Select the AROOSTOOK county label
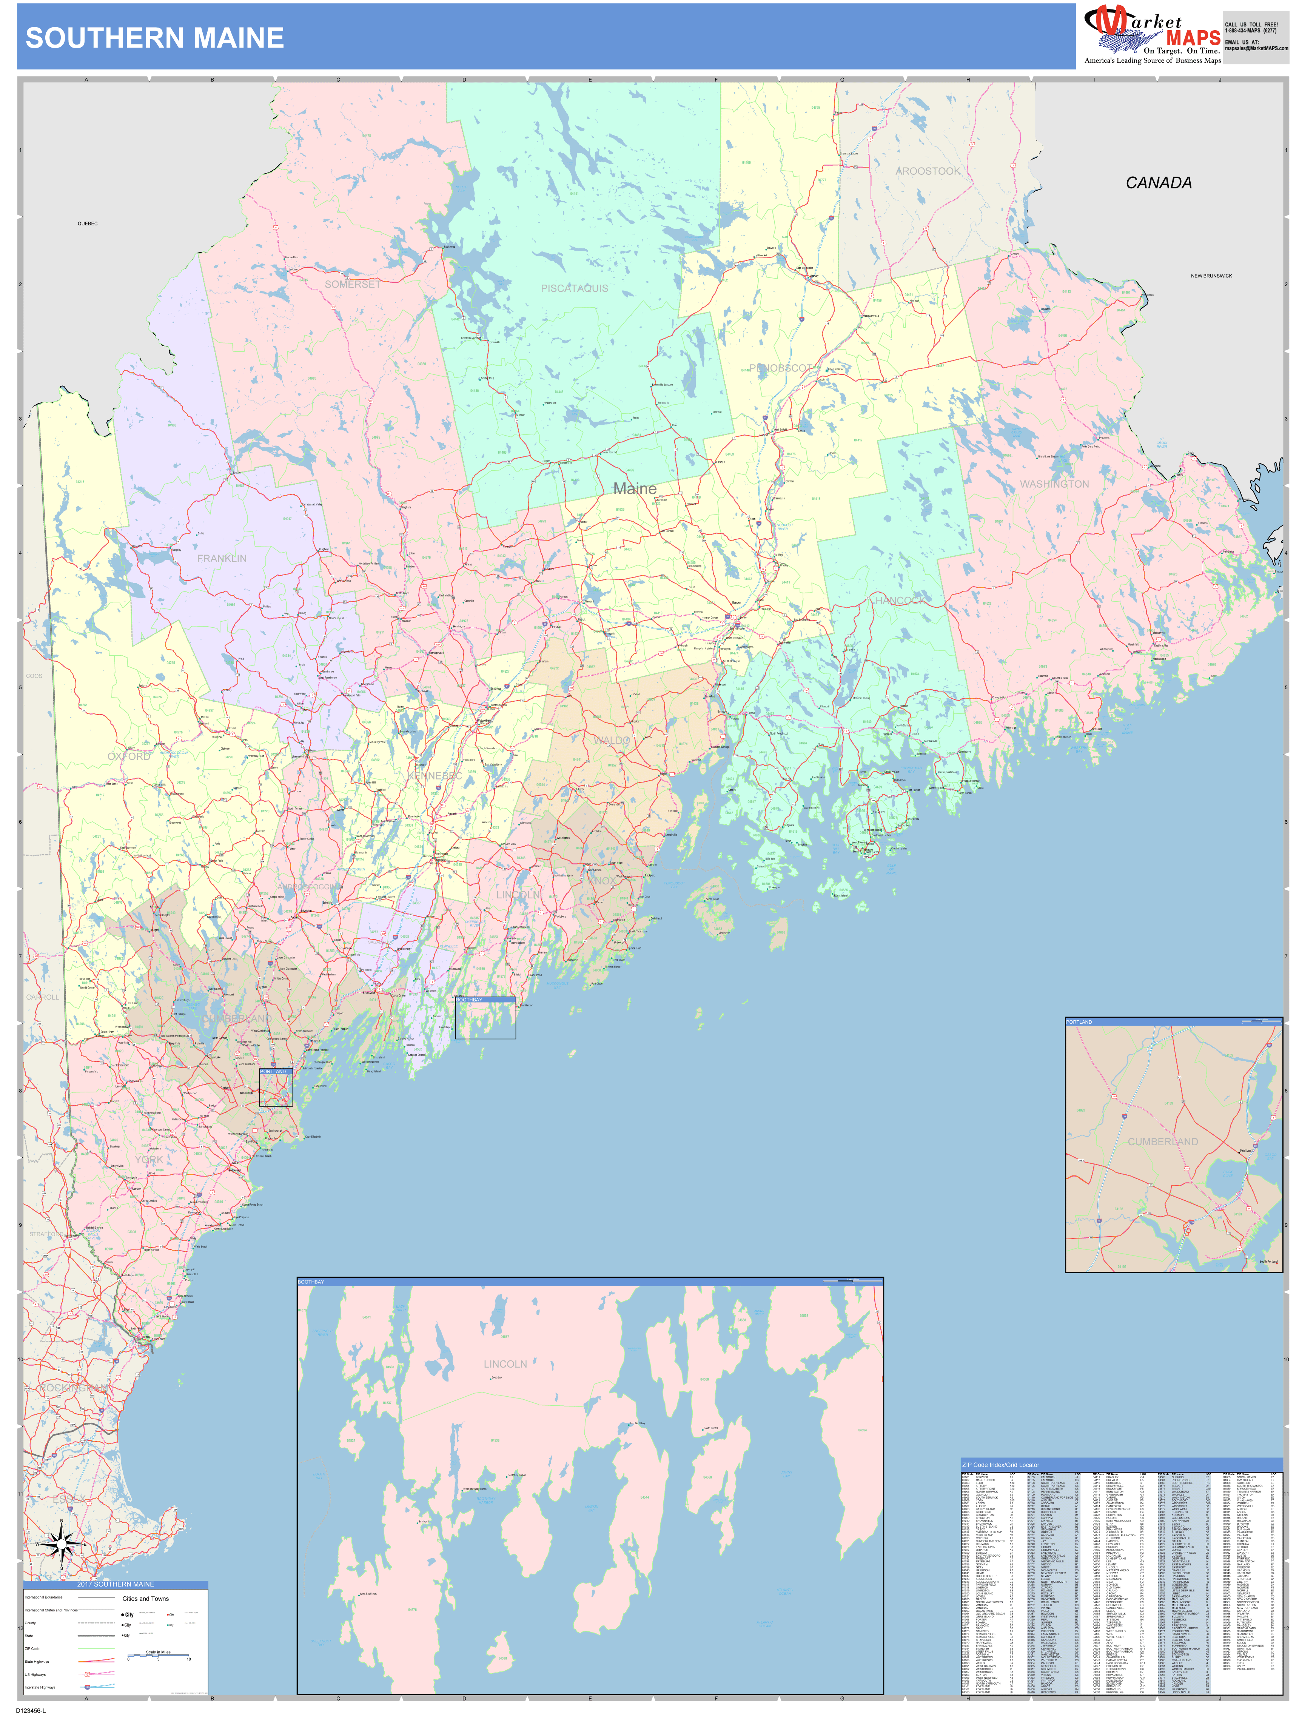point(928,171)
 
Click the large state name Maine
point(635,489)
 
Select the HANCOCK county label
point(900,601)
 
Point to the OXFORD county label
point(129,756)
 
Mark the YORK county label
point(149,1160)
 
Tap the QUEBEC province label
point(88,223)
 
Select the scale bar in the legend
point(158,1658)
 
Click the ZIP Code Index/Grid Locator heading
point(1000,1465)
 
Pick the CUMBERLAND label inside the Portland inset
point(1162,1142)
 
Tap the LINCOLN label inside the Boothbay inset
point(505,1364)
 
